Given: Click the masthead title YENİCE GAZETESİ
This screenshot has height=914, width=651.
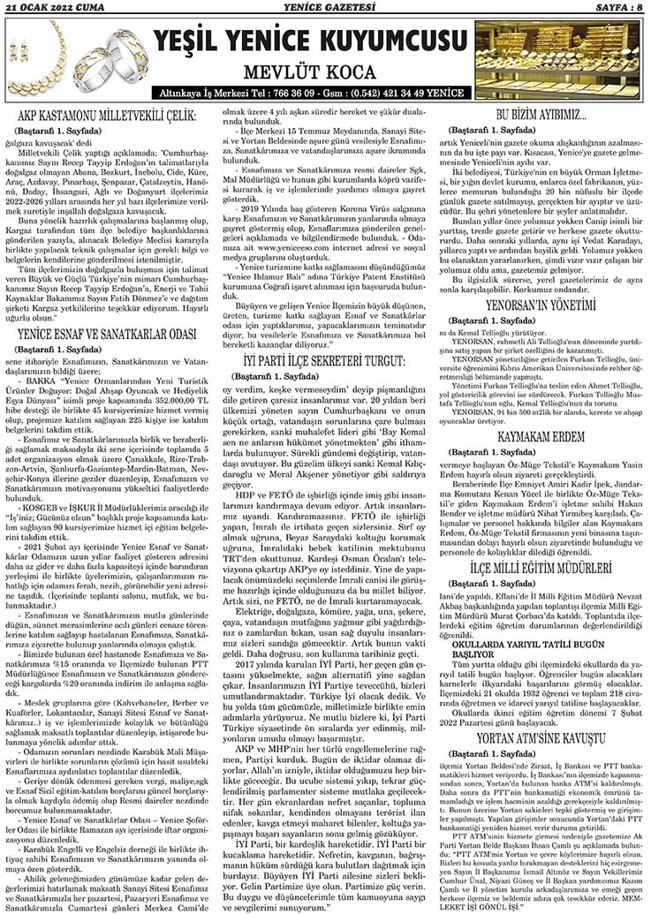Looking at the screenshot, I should [x=324, y=8].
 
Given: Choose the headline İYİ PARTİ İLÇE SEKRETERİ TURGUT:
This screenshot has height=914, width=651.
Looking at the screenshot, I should [x=325, y=360].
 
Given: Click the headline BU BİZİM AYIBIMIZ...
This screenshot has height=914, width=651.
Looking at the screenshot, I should [x=542, y=114].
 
